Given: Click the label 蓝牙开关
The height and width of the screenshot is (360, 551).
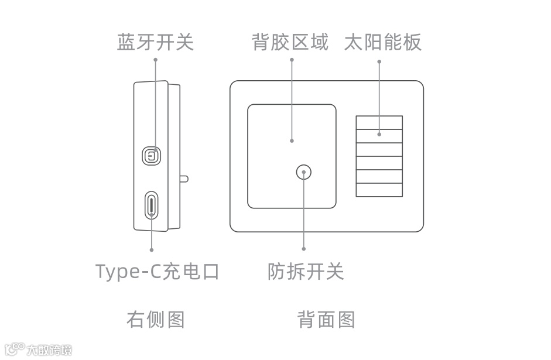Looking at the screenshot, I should pos(155,42).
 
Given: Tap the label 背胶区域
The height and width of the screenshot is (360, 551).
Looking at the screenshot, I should pos(290,42).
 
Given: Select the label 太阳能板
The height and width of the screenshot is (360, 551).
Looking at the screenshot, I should pos(382,42).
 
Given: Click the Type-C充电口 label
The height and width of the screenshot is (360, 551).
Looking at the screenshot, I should pos(157,272).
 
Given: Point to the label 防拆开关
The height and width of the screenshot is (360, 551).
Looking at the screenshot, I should pos(305,272).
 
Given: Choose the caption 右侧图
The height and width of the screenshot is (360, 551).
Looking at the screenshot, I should pos(155,320).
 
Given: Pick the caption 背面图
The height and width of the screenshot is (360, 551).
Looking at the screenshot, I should pos(326,320).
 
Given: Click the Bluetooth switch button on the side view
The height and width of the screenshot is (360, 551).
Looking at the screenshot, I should pos(152,156).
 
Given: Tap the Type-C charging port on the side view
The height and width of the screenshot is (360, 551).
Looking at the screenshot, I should pos(152,205).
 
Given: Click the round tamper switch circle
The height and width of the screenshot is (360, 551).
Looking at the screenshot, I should pos(304,172).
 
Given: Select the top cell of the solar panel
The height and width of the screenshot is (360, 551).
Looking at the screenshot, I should pos(379,122).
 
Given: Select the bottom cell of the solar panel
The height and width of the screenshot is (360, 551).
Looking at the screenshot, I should pos(379,190).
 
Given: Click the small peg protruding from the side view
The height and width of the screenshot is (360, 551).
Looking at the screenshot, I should pos(184,178).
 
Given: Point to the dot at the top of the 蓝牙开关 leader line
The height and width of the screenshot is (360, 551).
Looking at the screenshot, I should pos(155,60).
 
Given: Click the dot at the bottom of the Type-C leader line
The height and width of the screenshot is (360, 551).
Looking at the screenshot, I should pos(152,250).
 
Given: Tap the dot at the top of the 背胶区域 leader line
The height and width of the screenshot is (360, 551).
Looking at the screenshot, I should pos(291,60).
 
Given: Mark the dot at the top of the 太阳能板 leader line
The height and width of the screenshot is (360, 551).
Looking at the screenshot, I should pos(379,60).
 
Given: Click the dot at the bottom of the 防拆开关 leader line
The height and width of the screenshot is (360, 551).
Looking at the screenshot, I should pos(304,250).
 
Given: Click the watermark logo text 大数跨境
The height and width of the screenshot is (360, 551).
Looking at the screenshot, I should pos(49,350).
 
